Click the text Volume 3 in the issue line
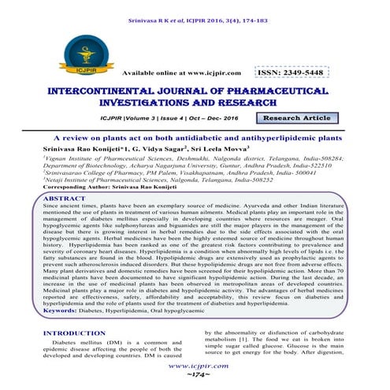point(134,118)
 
